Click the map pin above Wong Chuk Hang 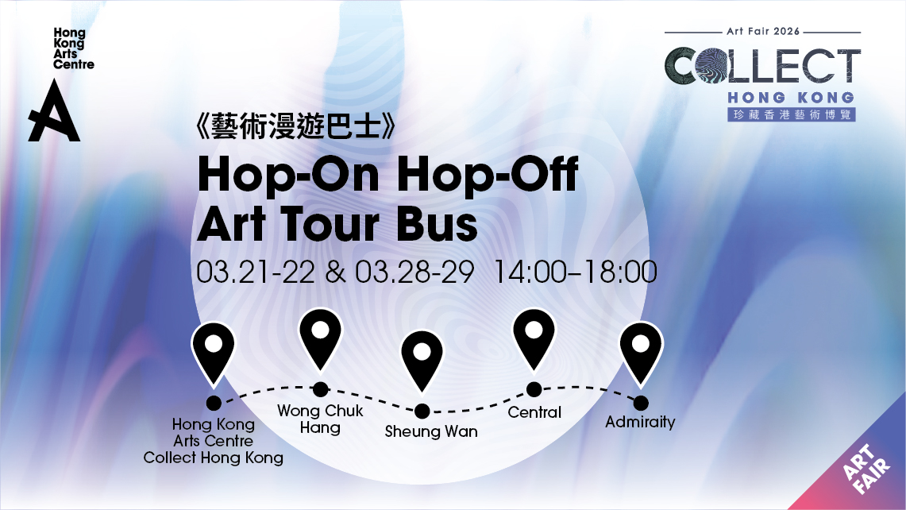[320, 338]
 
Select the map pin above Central [534, 339]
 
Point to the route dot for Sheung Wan [422, 411]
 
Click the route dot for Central [534, 390]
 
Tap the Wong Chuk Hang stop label [320, 419]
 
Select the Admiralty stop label [640, 422]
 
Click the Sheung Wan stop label [431, 431]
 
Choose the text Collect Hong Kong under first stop [214, 458]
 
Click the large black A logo [54, 110]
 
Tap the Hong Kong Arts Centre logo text [73, 48]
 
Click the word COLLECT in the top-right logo [763, 65]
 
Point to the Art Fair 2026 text [763, 31]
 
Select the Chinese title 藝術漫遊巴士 [296, 126]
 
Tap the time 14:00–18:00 [576, 272]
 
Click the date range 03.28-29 [414, 272]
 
